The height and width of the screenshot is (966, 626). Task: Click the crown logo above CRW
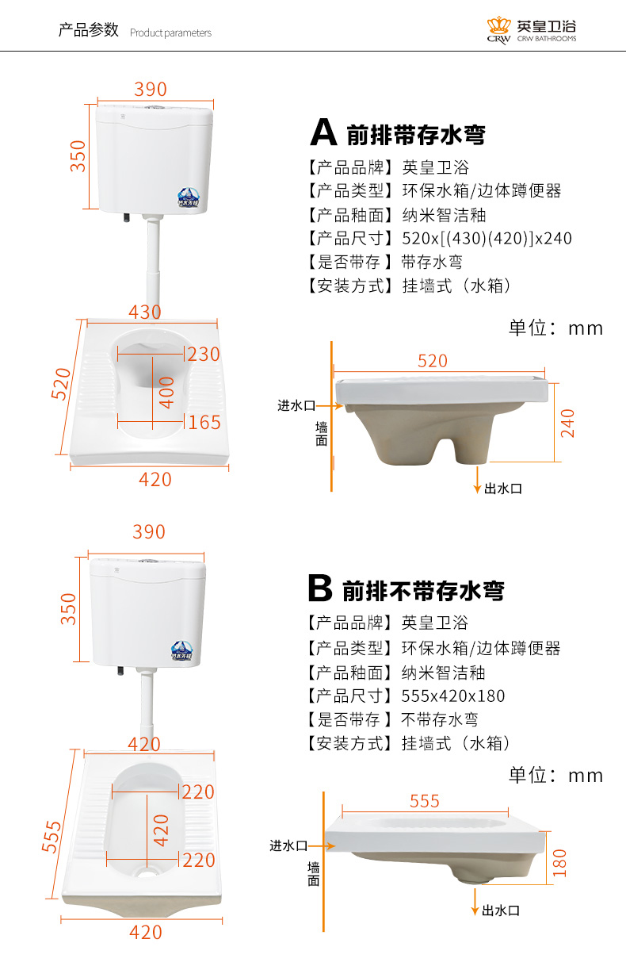pos(499,25)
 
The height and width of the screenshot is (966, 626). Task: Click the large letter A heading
pos(323,132)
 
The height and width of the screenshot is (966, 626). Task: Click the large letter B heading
pos(321,588)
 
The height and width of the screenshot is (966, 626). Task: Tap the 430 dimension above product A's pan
pos(145,312)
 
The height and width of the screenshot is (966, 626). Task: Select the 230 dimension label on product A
pos(204,354)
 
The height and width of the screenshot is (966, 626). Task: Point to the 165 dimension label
pos(204,422)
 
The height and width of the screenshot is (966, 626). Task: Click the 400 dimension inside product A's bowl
pos(166,393)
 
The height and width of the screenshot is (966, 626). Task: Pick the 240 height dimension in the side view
pos(567,423)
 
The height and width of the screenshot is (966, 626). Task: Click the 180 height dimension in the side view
pos(559,863)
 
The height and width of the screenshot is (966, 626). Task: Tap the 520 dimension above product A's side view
pos(433,361)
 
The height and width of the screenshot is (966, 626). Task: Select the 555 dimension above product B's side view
pos(425,801)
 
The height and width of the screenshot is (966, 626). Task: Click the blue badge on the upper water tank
pos(189,197)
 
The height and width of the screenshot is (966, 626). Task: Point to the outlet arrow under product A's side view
pos(477,480)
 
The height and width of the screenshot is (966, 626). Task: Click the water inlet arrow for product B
pos(322,846)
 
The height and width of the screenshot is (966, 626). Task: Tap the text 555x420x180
pos(452,696)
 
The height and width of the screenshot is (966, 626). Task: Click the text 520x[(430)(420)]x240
pos(487,238)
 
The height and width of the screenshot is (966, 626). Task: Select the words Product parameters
pos(170,33)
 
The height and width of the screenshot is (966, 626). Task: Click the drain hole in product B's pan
pos(147,873)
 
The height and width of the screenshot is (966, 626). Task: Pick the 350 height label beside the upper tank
pos(78,156)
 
